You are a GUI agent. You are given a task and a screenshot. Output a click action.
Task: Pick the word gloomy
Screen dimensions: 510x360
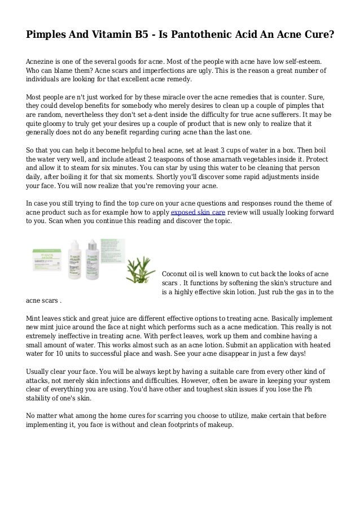[x=55, y=124]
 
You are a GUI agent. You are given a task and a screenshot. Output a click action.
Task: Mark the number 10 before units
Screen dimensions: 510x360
[x=66, y=354]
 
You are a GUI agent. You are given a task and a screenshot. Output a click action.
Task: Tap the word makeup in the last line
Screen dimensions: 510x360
[x=219, y=425]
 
